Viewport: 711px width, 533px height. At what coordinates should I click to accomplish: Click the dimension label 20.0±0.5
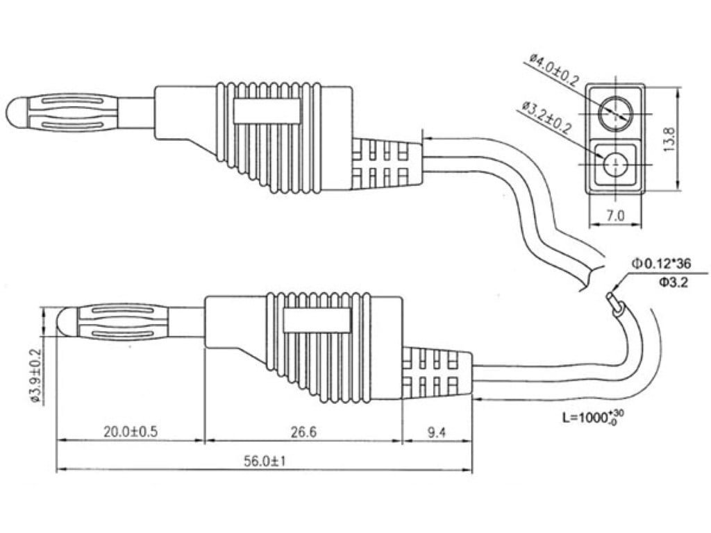coord(131,432)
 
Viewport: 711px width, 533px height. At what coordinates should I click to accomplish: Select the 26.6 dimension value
coord(303,432)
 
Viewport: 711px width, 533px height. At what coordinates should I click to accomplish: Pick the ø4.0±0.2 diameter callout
coord(553,69)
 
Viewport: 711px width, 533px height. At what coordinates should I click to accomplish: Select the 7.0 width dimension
coord(615,216)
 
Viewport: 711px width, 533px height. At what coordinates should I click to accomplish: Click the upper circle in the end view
coord(616,113)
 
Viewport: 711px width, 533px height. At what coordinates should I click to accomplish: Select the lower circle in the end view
coord(615,164)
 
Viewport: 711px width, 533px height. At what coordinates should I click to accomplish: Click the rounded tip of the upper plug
coord(14,112)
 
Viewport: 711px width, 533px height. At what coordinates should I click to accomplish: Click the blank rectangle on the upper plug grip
coord(266,112)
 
